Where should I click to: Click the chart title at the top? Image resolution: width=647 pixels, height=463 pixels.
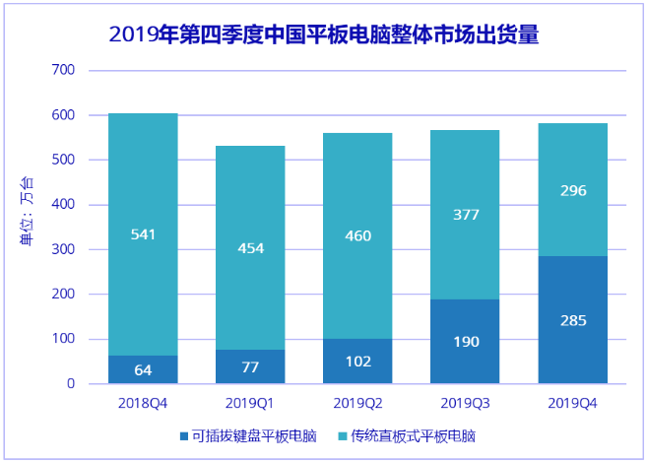pyautogui.click(x=324, y=35)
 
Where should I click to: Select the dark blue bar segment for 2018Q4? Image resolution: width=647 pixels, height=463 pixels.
pyautogui.click(x=143, y=370)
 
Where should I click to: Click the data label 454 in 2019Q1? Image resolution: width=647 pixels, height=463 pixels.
pyautogui.click(x=250, y=248)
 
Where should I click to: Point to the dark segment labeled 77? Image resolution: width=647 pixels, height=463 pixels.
pyautogui.click(x=250, y=367)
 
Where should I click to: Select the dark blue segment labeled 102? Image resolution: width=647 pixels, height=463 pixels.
pyautogui.click(x=358, y=362)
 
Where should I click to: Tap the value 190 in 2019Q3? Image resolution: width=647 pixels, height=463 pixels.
pyautogui.click(x=465, y=342)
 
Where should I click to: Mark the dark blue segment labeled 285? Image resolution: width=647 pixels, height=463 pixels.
pyautogui.click(x=572, y=320)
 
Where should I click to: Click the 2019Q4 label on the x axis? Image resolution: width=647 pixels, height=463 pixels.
pyautogui.click(x=572, y=403)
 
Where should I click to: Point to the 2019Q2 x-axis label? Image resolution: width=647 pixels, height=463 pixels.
pyautogui.click(x=358, y=403)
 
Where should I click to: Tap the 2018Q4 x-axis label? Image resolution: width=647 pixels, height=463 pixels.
pyautogui.click(x=143, y=403)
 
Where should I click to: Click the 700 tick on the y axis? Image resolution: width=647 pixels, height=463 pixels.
pyautogui.click(x=63, y=70)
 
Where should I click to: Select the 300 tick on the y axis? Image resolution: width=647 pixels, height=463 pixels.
pyautogui.click(x=63, y=249)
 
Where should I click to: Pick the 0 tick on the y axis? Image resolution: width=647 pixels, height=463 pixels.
pyautogui.click(x=71, y=384)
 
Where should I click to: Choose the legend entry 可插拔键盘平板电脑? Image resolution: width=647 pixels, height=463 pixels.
pyautogui.click(x=250, y=435)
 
